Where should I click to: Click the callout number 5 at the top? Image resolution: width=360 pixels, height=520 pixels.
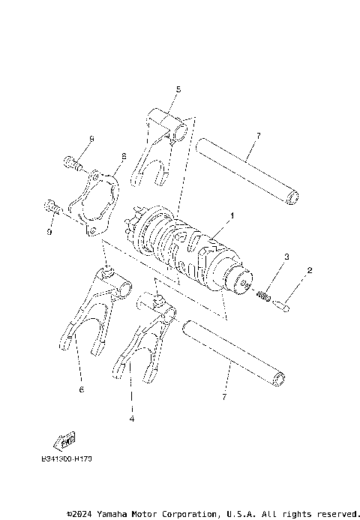[178, 89]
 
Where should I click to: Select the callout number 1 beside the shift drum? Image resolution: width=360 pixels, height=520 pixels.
[232, 216]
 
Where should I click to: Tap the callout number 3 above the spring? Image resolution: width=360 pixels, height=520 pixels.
[286, 257]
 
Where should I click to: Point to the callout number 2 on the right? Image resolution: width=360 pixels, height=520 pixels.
[309, 269]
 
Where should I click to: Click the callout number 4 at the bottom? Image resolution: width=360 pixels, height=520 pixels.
[131, 419]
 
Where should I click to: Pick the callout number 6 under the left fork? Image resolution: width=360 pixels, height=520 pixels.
[81, 389]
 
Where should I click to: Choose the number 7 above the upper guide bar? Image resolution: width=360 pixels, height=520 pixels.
[257, 136]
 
